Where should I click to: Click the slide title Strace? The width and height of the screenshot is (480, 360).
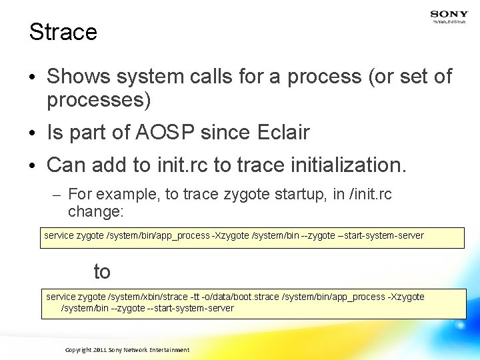[63, 31]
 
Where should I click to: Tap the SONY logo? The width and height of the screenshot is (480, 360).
[449, 14]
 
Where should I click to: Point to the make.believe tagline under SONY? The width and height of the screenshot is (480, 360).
[449, 22]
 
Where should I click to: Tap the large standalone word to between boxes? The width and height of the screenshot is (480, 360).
[101, 271]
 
